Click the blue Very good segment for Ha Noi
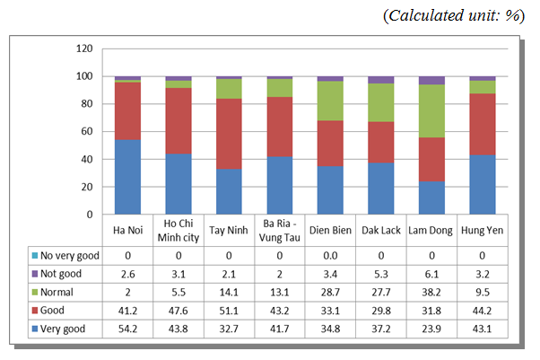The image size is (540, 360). tap(127, 177)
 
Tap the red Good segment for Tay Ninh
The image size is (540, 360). tap(229, 134)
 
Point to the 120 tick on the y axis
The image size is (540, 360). tap(84, 48)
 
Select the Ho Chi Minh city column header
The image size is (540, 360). tap(178, 230)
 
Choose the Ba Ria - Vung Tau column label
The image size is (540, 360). tap(280, 230)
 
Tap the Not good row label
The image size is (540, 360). tap(63, 273)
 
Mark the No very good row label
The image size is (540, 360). tap(68, 255)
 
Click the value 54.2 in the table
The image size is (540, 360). tap(127, 329)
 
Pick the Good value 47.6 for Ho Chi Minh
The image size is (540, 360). tap(178, 311)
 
